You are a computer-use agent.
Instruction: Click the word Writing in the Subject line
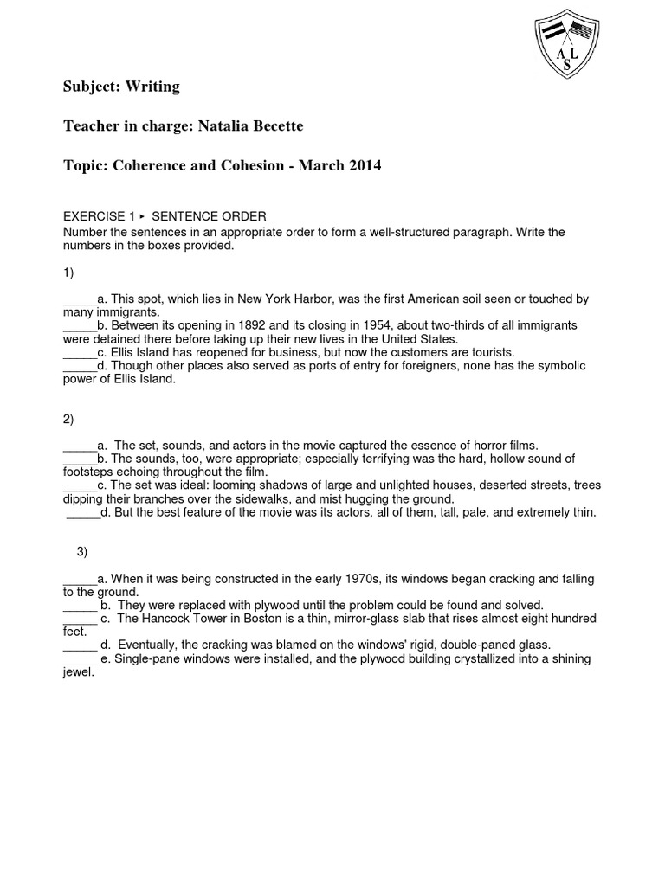[152, 87]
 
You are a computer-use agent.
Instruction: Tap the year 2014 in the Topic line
[365, 166]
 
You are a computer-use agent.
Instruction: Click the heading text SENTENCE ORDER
[209, 216]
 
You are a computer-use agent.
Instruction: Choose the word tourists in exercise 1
[490, 352]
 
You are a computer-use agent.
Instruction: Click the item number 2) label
[68, 420]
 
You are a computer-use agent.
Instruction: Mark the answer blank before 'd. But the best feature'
[83, 512]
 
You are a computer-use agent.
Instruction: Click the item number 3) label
[82, 551]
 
